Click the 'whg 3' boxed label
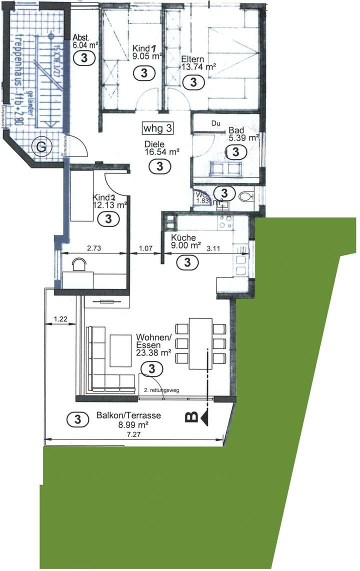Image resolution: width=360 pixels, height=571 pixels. click(158, 128)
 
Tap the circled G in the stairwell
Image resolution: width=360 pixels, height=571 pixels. click(38, 146)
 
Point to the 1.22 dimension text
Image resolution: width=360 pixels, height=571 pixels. click(60, 318)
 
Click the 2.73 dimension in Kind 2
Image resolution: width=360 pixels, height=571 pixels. click(91, 247)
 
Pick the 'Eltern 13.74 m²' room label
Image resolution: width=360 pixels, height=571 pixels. click(198, 62)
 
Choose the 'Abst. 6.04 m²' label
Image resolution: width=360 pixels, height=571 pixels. click(84, 41)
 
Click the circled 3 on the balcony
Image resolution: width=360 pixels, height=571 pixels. click(77, 419)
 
